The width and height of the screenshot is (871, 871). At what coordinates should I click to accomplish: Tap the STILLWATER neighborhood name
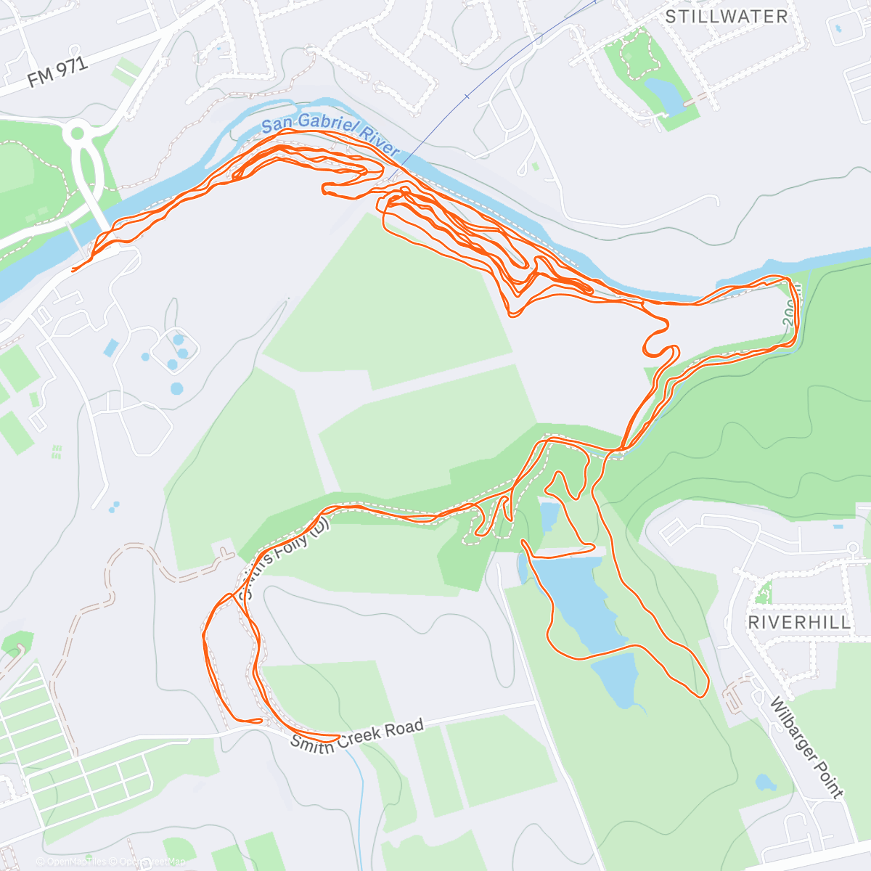[x=726, y=17]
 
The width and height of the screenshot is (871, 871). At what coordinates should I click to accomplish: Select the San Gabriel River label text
[x=330, y=134]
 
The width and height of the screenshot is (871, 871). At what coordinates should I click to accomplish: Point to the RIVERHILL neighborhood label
[x=799, y=622]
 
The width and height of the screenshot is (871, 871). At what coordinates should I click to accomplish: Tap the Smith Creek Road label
[x=356, y=735]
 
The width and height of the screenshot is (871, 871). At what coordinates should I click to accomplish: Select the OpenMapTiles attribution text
[x=76, y=862]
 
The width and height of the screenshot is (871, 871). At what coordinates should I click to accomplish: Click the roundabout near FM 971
[x=77, y=134]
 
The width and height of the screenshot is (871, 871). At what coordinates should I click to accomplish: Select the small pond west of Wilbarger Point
[x=764, y=782]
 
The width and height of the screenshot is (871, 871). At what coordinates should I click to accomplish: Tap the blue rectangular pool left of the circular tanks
[x=110, y=348]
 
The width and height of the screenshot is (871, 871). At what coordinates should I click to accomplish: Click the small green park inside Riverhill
[x=761, y=594]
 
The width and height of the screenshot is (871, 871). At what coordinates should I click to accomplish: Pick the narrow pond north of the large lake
[x=549, y=516]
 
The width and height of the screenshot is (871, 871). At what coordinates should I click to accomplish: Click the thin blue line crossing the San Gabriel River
[x=465, y=95]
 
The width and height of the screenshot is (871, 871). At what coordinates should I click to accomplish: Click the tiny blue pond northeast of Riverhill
[x=838, y=526]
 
